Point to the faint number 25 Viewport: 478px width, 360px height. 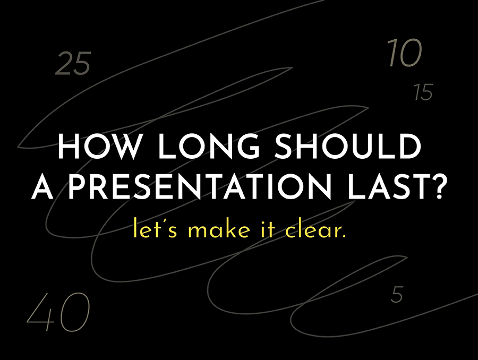pyautogui.click(x=73, y=63)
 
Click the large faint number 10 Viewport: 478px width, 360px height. pyautogui.click(x=405, y=53)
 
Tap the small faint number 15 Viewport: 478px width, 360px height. pyautogui.click(x=423, y=92)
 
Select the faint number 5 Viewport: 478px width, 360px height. pyautogui.click(x=397, y=295)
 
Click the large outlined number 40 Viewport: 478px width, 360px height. pyautogui.click(x=58, y=312)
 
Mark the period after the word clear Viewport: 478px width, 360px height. pyautogui.click(x=344, y=236)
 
